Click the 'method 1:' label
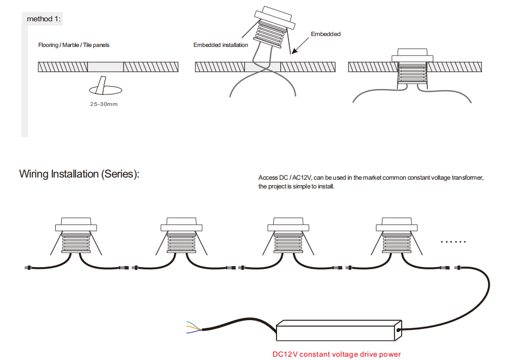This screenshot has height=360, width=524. pyautogui.click(x=44, y=19)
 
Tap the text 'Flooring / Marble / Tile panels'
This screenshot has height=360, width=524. pyautogui.click(x=74, y=45)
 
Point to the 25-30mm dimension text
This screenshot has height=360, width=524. pyautogui.click(x=104, y=104)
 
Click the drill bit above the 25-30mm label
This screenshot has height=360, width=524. pyautogui.click(x=101, y=85)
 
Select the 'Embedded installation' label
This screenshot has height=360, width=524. pyautogui.click(x=220, y=45)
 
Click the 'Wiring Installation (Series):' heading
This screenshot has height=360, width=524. pyautogui.click(x=79, y=174)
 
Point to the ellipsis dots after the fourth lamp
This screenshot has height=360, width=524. pyautogui.click(x=453, y=241)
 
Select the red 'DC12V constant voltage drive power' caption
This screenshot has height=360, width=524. pyautogui.click(x=337, y=354)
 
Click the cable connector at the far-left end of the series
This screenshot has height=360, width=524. pyautogui.click(x=28, y=267)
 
